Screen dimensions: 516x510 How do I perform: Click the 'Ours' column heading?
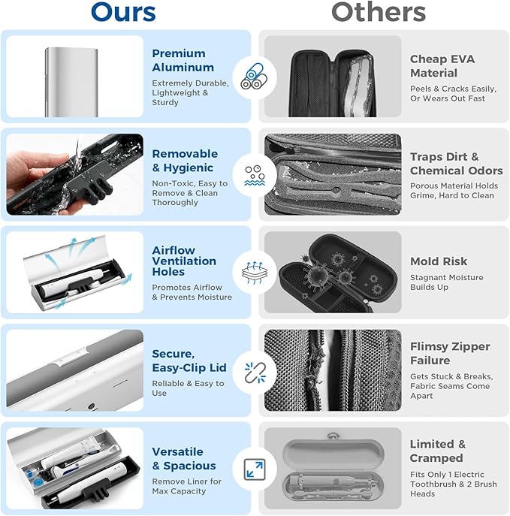(123, 12)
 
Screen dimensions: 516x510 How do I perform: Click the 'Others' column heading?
(379, 12)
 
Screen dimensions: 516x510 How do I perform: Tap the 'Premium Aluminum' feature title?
(179, 60)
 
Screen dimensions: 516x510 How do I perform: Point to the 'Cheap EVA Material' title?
(442, 66)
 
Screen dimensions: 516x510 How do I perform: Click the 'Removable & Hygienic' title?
(184, 161)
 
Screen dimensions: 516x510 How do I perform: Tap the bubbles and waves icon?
(254, 174)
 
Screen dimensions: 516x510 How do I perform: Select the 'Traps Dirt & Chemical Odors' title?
(456, 164)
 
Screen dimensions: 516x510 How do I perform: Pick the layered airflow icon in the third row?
(254, 273)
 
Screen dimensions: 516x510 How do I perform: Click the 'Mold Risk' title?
(439, 261)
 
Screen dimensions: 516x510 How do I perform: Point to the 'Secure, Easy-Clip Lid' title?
(188, 361)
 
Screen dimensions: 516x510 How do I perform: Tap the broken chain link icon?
(254, 373)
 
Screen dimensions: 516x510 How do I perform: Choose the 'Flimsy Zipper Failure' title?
(450, 354)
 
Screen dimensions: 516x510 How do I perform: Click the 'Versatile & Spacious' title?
(183, 459)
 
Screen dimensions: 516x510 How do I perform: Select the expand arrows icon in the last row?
(254, 470)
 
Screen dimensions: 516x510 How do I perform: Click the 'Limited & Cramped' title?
(438, 451)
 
